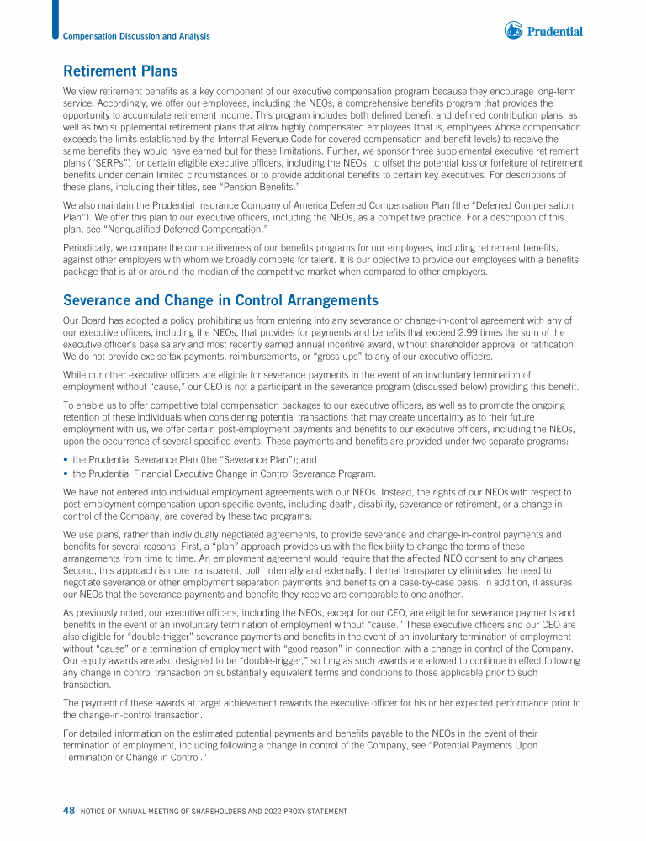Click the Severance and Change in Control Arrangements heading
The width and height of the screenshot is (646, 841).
(220, 300)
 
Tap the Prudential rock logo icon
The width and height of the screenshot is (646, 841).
(513, 31)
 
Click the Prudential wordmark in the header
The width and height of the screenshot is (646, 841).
(555, 32)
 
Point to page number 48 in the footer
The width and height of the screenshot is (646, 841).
(69, 810)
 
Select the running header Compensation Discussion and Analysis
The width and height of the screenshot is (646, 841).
(136, 36)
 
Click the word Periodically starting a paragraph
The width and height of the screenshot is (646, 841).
(91, 246)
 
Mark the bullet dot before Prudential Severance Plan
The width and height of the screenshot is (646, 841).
(66, 460)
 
